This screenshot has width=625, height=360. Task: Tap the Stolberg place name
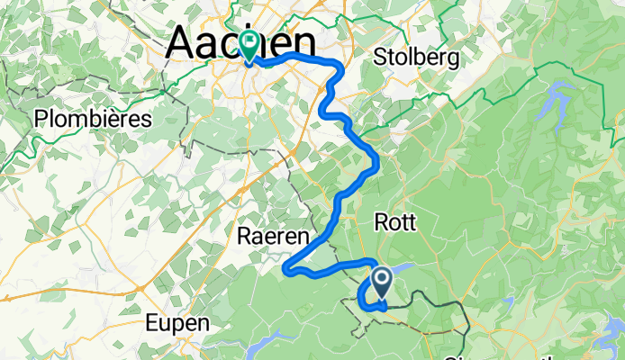[417, 58]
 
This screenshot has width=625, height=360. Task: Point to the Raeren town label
[272, 237]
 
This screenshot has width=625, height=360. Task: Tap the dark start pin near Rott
[381, 282]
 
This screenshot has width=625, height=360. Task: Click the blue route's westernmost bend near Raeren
[287, 267]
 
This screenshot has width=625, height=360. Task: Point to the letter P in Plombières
[41, 119]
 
